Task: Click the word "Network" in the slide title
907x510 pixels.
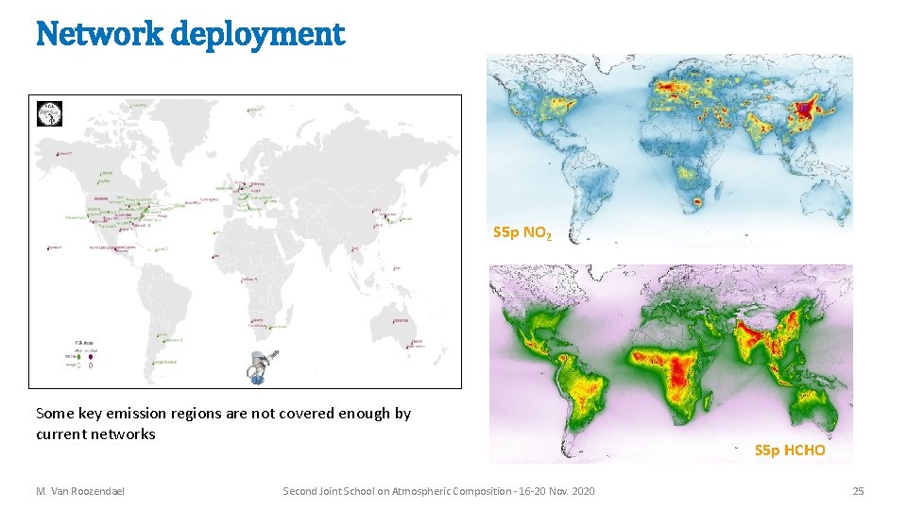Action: (x=91, y=35)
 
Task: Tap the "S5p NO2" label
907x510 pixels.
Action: (x=517, y=232)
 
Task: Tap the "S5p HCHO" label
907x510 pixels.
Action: (x=790, y=450)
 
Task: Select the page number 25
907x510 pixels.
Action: (x=858, y=491)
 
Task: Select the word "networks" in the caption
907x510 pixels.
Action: (x=125, y=434)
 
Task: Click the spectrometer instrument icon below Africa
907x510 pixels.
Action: (x=263, y=365)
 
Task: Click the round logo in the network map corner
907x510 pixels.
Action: (x=48, y=113)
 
